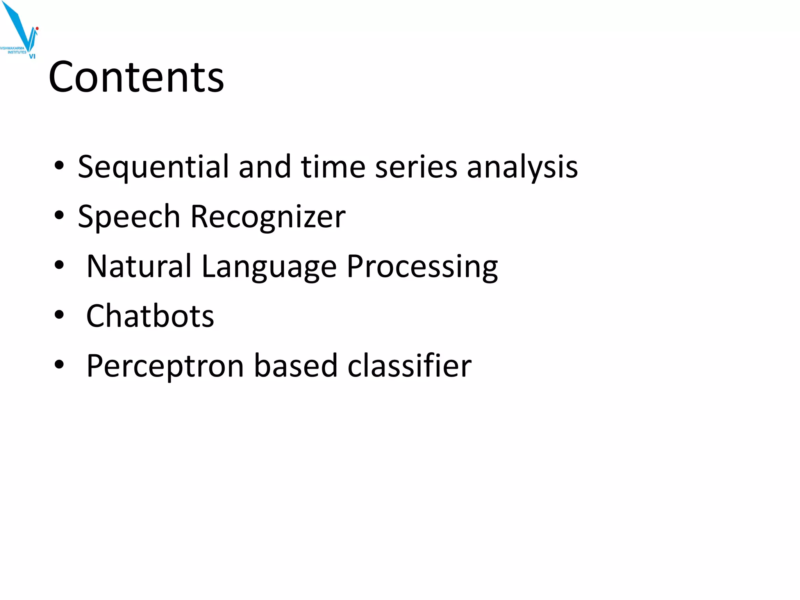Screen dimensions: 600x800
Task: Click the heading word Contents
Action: pos(136,77)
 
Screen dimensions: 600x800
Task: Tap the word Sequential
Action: pos(153,167)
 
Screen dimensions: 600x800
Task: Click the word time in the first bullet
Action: pos(333,166)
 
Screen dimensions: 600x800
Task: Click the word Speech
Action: pos(129,217)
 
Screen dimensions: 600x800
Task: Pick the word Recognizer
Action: pos(268,217)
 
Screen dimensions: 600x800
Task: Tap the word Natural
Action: pos(139,266)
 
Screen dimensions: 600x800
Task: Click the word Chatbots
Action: pos(150,316)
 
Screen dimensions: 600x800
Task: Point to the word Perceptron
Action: pos(165,366)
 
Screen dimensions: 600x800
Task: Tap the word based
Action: pos(296,366)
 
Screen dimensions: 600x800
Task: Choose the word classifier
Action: pos(409,366)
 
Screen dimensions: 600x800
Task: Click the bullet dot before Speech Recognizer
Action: pos(59,215)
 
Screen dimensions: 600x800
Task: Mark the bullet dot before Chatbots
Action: pos(59,315)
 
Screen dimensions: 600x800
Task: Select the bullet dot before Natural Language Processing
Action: pos(59,265)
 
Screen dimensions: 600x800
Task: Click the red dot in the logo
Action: pos(37,29)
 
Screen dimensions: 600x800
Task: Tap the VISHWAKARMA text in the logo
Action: pos(12,48)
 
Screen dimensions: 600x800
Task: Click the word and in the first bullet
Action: pos(264,166)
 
